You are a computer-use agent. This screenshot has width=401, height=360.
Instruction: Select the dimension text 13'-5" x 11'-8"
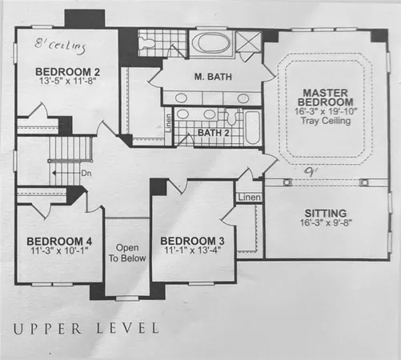[x=66, y=82]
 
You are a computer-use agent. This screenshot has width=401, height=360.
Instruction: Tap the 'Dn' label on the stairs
[x=86, y=171]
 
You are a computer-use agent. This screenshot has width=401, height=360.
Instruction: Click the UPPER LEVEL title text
[x=85, y=328]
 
